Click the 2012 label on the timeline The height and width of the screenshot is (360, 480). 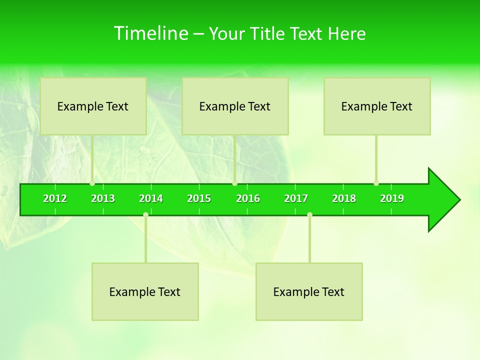pos(55,198)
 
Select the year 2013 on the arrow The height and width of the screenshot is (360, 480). pos(103,198)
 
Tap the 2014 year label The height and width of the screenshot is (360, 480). pos(151,198)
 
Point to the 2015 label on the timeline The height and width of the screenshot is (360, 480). pos(199,198)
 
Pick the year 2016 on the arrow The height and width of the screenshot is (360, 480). pos(248,198)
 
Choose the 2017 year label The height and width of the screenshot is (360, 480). pos(296,198)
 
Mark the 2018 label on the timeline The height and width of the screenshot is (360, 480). pos(344,198)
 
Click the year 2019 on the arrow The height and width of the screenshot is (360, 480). pos(392,198)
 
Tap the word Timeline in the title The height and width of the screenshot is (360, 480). pos(150,33)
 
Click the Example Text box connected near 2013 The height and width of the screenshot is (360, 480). pos(93,106)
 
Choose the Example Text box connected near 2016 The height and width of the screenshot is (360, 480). pos(235,106)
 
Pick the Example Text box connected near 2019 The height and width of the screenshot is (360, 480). pos(377,106)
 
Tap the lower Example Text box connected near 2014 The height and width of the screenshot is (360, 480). pos(145,291)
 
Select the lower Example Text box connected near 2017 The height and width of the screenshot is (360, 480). pos(309,291)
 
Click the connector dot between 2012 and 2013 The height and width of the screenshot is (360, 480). pos(92,183)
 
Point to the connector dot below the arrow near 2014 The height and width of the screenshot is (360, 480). pos(145,214)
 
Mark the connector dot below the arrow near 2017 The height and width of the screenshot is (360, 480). pos(309,214)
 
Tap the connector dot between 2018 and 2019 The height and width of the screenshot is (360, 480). pos(376,183)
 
